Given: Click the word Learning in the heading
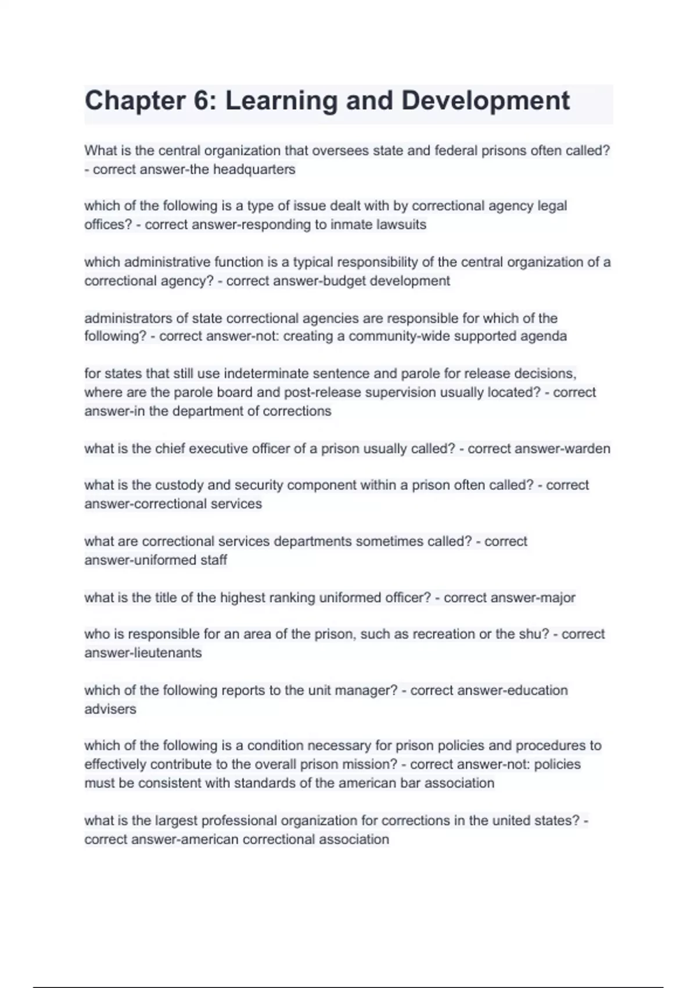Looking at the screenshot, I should (x=281, y=101).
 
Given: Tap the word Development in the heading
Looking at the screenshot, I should (x=486, y=101).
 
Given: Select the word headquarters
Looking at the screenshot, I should (x=254, y=170).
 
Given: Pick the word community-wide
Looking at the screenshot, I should (x=399, y=337).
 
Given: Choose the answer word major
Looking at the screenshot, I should (x=558, y=598).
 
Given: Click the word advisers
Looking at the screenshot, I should (x=110, y=710).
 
